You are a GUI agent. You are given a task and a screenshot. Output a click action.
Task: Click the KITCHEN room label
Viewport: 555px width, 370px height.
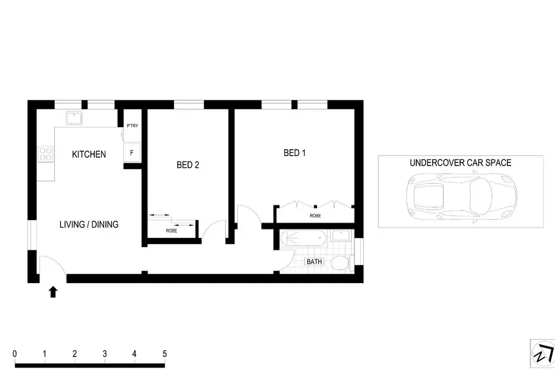tap(89, 154)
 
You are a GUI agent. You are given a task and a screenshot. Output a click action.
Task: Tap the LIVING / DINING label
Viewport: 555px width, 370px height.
tap(89, 224)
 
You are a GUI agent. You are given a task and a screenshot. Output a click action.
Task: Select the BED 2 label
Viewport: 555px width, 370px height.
tap(187, 165)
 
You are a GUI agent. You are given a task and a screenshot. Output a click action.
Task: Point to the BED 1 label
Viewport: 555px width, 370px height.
tap(294, 153)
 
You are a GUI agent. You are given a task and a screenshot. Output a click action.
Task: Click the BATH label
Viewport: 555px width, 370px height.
tap(314, 262)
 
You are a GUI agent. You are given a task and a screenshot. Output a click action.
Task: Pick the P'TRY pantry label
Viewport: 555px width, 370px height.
tap(132, 126)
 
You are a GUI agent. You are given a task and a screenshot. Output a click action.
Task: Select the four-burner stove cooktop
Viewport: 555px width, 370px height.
tap(46, 153)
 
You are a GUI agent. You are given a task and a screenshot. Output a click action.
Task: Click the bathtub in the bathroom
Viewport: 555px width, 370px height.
tap(304, 238)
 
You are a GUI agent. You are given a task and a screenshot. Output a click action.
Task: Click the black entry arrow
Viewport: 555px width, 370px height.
tap(53, 292)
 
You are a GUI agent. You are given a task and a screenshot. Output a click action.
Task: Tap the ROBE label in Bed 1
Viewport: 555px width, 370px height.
tap(315, 216)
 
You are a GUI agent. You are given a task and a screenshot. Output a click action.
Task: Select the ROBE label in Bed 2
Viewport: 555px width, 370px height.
tap(171, 231)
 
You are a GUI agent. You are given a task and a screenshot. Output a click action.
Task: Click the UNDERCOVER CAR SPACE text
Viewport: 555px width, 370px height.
tap(460, 163)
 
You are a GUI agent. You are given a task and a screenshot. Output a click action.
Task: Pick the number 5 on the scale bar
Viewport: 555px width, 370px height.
tap(165, 354)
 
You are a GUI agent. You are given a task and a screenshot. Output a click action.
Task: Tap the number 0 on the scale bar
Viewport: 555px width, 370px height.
tap(14, 354)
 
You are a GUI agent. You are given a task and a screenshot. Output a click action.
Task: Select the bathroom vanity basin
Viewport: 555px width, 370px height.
tap(340, 236)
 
